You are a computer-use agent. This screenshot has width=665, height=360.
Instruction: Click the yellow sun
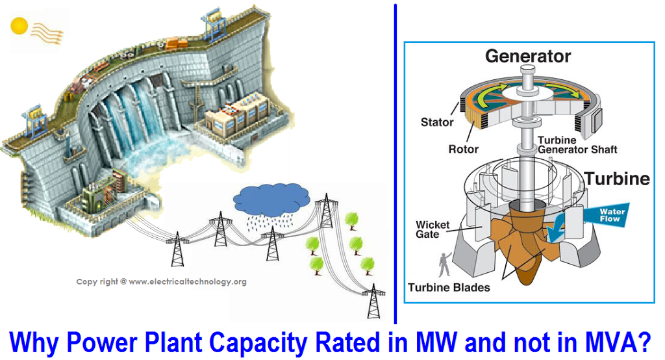click(x=19, y=26)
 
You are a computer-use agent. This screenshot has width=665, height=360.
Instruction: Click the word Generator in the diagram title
click(x=528, y=57)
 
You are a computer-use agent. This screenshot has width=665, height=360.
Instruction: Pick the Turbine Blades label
click(x=449, y=287)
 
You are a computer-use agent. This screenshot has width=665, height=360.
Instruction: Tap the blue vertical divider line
click(x=395, y=162)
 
